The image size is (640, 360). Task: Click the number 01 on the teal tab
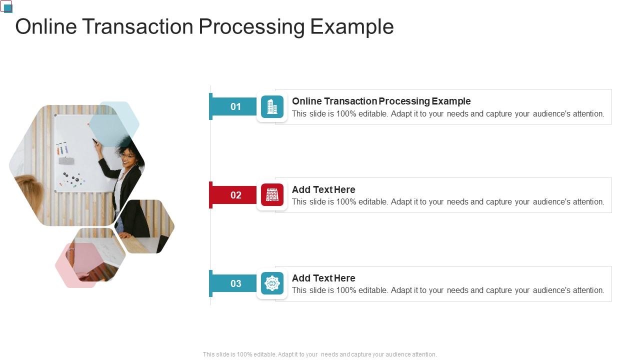point(235,106)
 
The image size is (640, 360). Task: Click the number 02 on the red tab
point(235,195)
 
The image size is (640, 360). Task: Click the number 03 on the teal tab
point(235,283)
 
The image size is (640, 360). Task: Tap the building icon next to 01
point(272,106)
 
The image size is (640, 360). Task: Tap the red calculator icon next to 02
point(272,195)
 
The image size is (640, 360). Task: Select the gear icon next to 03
point(272,283)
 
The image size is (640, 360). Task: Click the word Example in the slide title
point(351,26)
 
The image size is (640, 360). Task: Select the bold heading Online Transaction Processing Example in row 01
point(381,101)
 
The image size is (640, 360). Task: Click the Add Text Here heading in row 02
point(323,189)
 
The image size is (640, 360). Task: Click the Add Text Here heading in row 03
point(323,278)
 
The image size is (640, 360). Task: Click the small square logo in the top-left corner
point(6,6)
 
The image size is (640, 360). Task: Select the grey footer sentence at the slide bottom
point(319,354)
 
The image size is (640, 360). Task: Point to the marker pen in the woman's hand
point(95,142)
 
